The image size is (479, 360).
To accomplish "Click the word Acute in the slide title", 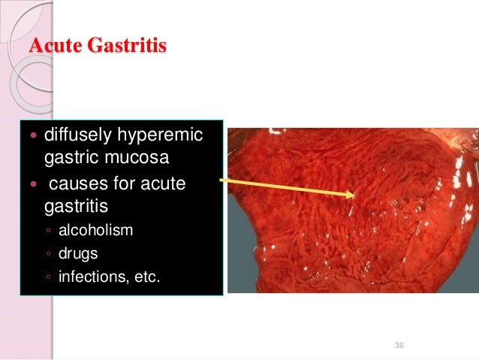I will click(54, 46).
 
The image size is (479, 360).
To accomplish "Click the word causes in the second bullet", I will click(77, 185).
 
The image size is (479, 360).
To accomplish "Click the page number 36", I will click(399, 345).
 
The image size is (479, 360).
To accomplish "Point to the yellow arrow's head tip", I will click(355, 195).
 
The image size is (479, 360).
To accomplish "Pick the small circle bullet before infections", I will click(47, 278).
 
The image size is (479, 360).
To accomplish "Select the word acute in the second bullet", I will click(164, 185).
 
